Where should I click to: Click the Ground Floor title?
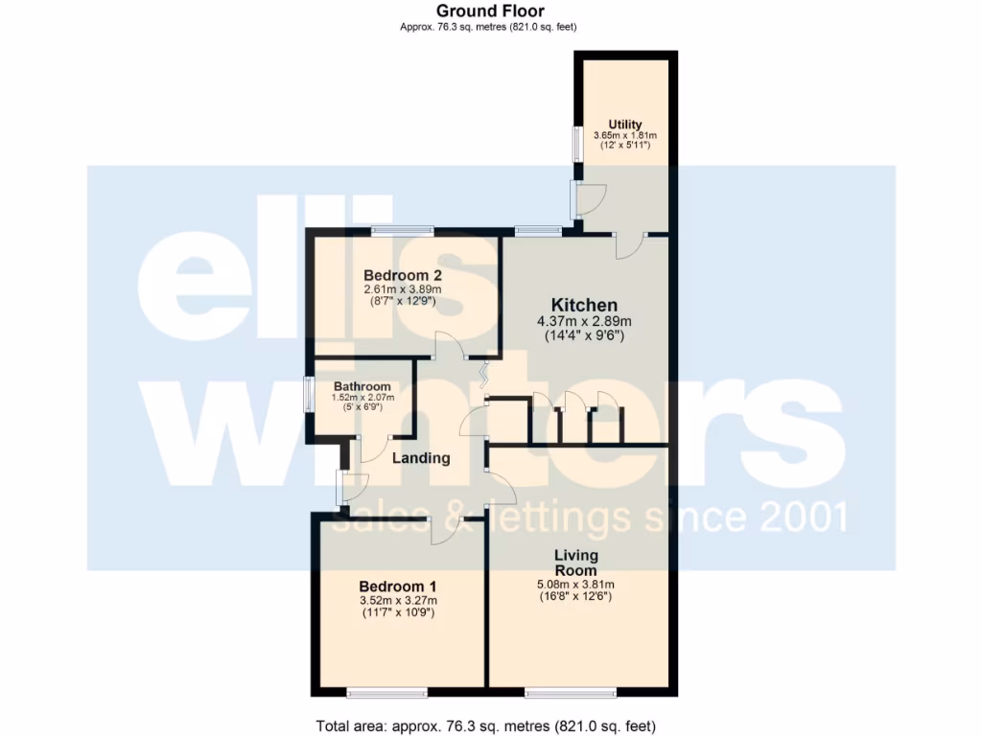tap(489, 11)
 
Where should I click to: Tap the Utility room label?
tap(624, 125)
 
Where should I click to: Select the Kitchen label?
tap(584, 306)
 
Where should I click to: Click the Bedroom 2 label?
tap(401, 276)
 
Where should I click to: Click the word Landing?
tap(421, 458)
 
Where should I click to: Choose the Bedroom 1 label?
tap(398, 586)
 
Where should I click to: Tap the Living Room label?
tap(576, 563)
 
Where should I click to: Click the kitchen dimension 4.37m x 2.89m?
tap(584, 322)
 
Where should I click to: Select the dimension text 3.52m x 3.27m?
tap(398, 601)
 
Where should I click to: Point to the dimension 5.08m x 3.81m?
tap(576, 585)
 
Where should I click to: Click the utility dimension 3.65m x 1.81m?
tap(624, 136)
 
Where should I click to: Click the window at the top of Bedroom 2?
tap(403, 230)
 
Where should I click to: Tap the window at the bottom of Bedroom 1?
tap(387, 692)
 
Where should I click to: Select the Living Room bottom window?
tap(572, 692)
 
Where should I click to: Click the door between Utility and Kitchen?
tap(629, 243)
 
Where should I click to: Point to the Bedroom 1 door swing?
tap(445, 530)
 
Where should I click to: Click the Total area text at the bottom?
tap(486, 725)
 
